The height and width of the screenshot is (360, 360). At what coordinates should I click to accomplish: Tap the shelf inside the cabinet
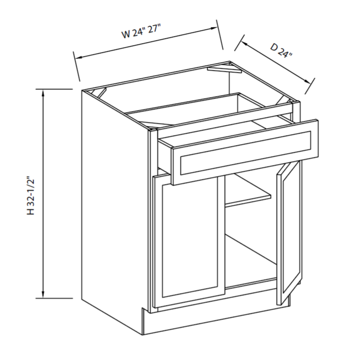(x=247, y=197)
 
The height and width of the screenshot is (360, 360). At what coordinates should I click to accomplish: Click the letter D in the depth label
(x=274, y=48)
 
